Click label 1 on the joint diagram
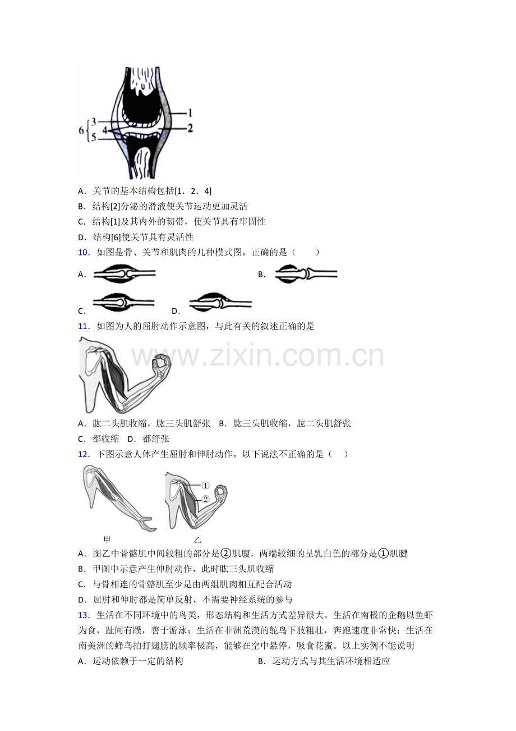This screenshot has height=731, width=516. (190, 113)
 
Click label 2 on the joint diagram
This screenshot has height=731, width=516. (190, 128)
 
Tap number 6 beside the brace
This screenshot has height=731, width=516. (81, 130)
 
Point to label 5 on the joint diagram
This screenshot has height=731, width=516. (94, 138)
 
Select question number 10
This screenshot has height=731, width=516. (84, 253)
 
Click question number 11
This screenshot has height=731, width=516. (84, 326)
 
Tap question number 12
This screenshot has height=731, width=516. (84, 454)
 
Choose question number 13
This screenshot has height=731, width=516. (84, 615)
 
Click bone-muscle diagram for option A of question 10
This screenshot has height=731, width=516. (124, 273)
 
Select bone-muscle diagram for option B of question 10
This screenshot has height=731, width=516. (306, 273)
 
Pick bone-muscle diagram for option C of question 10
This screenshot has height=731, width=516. (123, 302)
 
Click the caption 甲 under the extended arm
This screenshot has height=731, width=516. (107, 540)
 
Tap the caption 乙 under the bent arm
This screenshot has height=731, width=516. (197, 540)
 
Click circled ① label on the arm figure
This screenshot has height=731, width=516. (205, 486)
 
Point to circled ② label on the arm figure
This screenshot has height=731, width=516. (205, 499)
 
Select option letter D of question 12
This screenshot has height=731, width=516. (81, 600)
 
